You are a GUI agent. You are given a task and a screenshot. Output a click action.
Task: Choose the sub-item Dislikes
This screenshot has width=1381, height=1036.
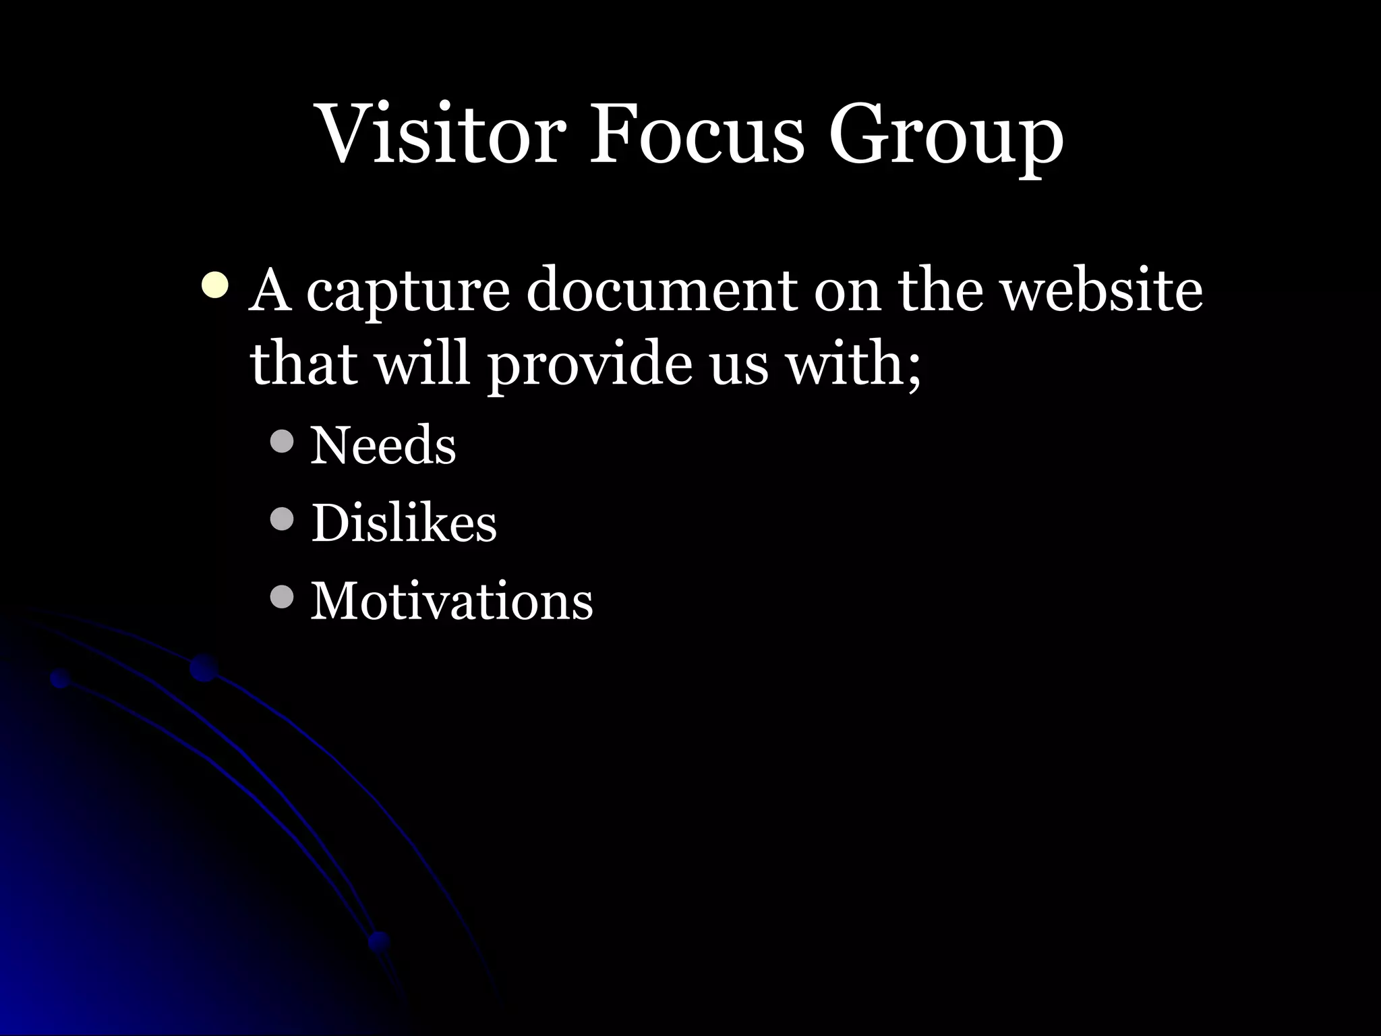[403, 523]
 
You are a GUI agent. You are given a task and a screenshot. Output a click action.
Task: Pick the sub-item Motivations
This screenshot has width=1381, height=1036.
[451, 600]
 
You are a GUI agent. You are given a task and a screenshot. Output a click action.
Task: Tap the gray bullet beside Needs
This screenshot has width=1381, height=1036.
[282, 442]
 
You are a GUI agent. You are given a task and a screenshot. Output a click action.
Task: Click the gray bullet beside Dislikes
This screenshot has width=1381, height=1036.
[282, 519]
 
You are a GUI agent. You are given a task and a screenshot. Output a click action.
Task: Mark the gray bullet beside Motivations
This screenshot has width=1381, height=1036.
[282, 597]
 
